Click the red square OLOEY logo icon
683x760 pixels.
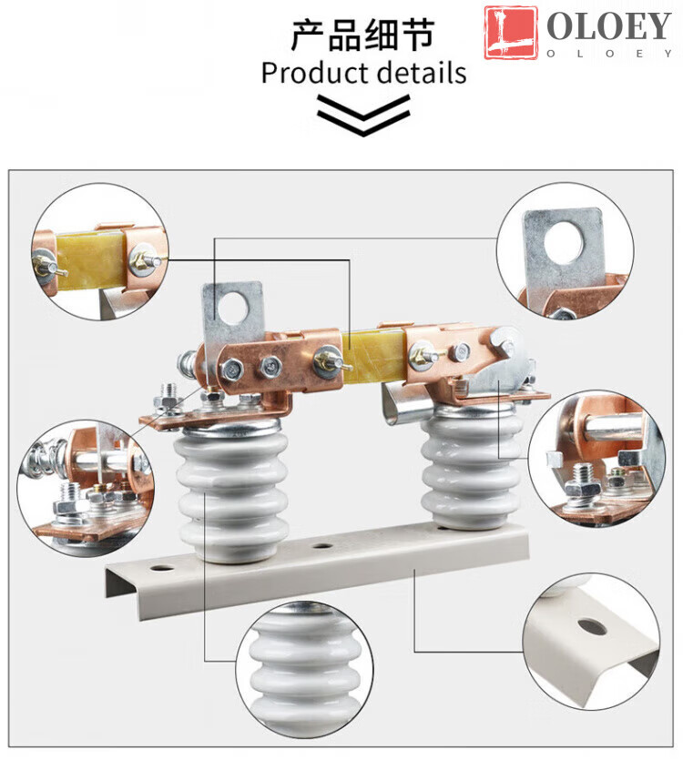pos(511,33)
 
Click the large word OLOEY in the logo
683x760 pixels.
pos(609,26)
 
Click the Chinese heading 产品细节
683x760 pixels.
pos(362,35)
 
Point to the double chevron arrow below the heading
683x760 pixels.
pos(363,115)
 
